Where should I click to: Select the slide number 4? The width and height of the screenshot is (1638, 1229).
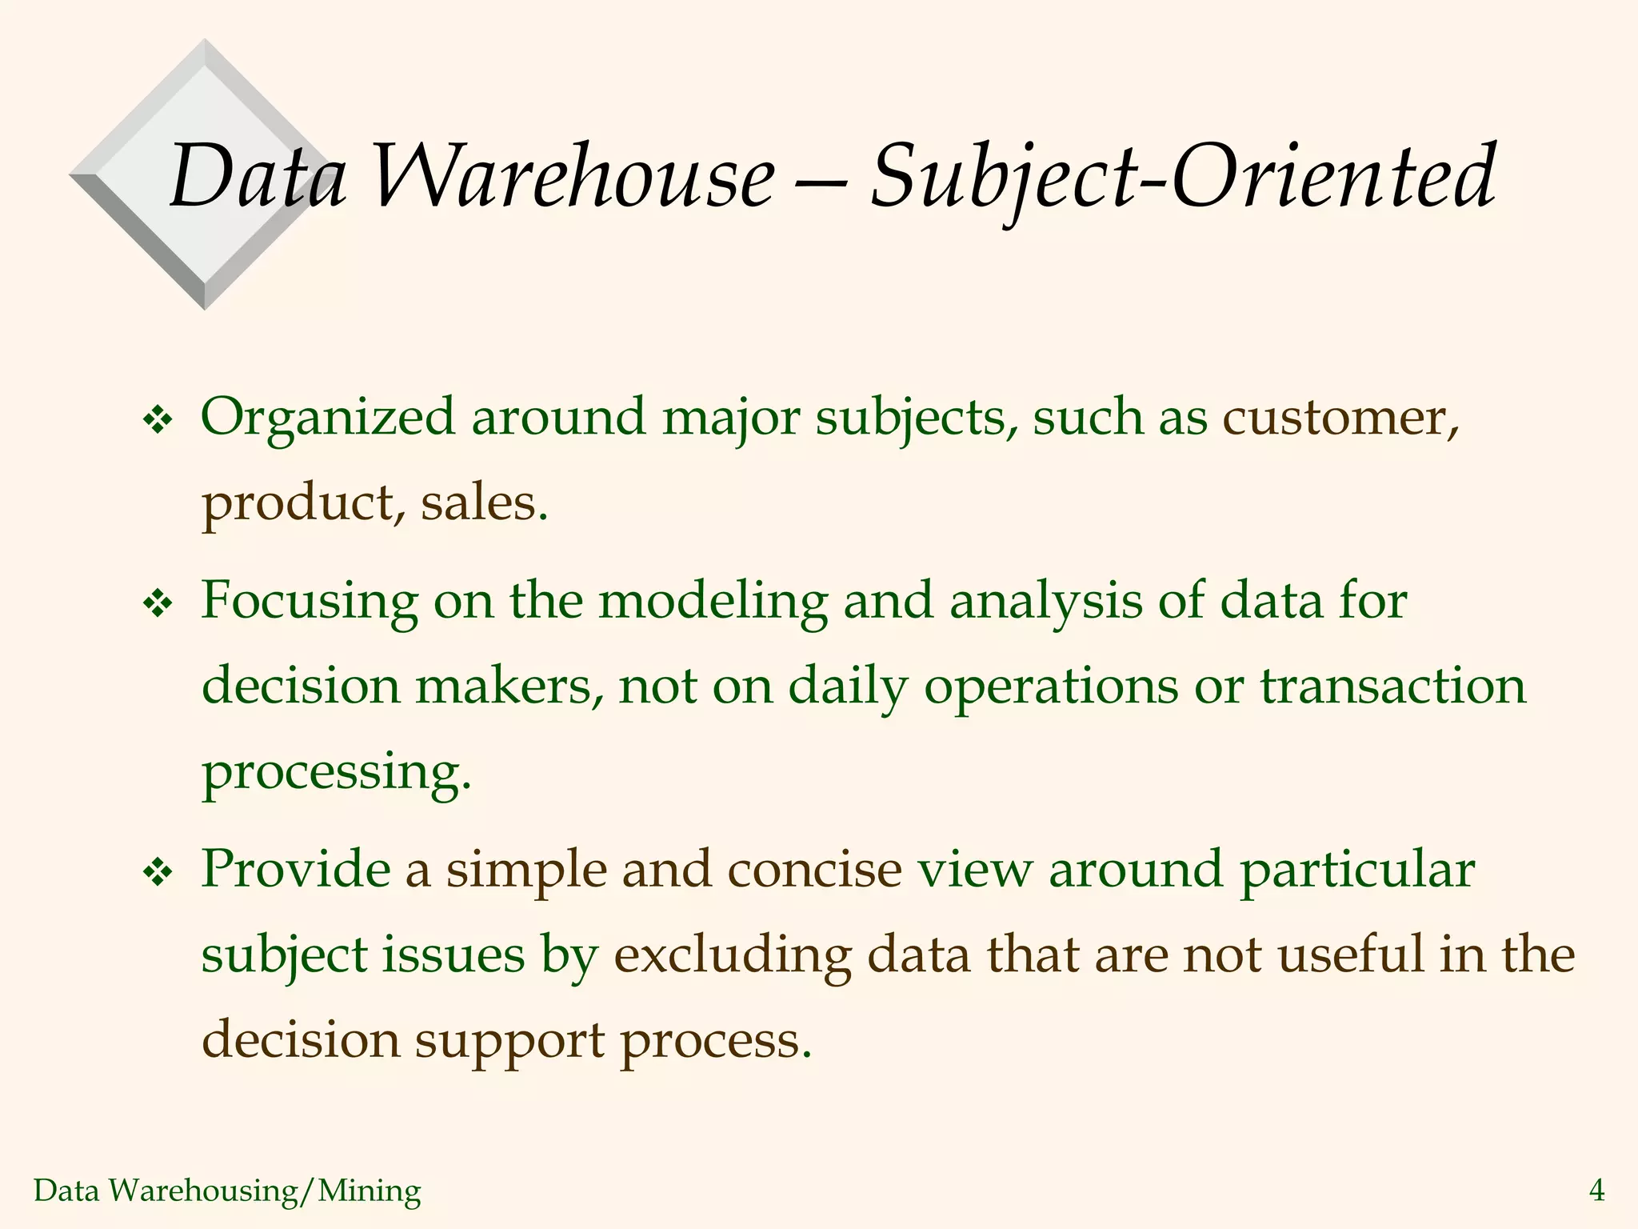[1596, 1191]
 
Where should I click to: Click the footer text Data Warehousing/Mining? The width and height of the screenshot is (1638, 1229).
[227, 1191]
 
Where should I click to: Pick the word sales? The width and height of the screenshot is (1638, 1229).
[484, 504]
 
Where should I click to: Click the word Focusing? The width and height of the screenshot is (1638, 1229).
[309, 602]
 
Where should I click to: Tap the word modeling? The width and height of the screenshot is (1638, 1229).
[713, 602]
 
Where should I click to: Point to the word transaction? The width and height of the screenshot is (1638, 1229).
[1392, 687]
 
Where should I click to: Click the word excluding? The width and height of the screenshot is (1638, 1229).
[732, 957]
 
